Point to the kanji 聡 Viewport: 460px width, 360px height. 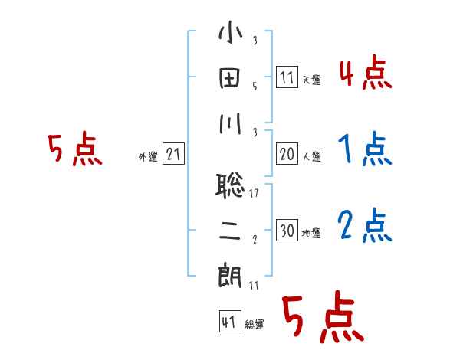click(x=230, y=185)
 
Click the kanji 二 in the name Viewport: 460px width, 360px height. click(x=230, y=230)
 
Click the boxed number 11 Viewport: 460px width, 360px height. click(x=287, y=77)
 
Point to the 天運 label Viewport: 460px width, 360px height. click(x=311, y=80)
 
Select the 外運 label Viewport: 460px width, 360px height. click(x=148, y=157)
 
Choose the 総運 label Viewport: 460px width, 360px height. click(x=255, y=325)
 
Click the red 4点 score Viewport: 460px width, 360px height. click(x=365, y=74)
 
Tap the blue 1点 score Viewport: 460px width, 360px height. click(x=365, y=149)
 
